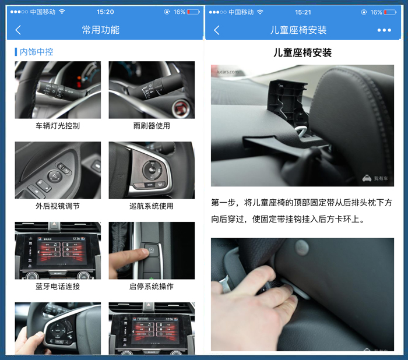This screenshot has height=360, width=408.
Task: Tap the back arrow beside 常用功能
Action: pyautogui.click(x=18, y=30)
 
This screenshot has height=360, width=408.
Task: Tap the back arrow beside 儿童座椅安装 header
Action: pyautogui.click(x=217, y=30)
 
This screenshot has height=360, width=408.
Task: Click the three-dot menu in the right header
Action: pyautogui.click(x=384, y=30)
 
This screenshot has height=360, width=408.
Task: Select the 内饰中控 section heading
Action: pyautogui.click(x=36, y=52)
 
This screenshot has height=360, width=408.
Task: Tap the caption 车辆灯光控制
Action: pyautogui.click(x=58, y=126)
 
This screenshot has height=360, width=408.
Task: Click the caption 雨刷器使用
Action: pyautogui.click(x=151, y=126)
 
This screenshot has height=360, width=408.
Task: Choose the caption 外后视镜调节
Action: pyautogui.click(x=58, y=206)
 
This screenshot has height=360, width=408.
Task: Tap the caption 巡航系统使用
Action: pyautogui.click(x=151, y=206)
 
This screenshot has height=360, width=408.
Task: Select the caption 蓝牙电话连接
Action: pyautogui.click(x=58, y=287)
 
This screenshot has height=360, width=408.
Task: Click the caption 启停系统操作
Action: pyautogui.click(x=151, y=287)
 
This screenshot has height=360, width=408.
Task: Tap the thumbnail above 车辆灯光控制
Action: pyautogui.click(x=58, y=90)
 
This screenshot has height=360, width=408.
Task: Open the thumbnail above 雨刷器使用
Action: pyautogui.click(x=152, y=90)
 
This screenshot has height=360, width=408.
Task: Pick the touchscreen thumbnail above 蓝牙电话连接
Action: pyautogui.click(x=58, y=250)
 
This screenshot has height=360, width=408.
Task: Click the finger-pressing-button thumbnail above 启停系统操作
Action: pyautogui.click(x=152, y=250)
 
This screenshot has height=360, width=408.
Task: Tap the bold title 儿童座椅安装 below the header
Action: pyautogui.click(x=303, y=53)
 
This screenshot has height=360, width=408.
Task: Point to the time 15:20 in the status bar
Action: pyautogui.click(x=105, y=12)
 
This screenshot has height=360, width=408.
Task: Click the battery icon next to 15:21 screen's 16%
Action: pyautogui.click(x=389, y=12)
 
